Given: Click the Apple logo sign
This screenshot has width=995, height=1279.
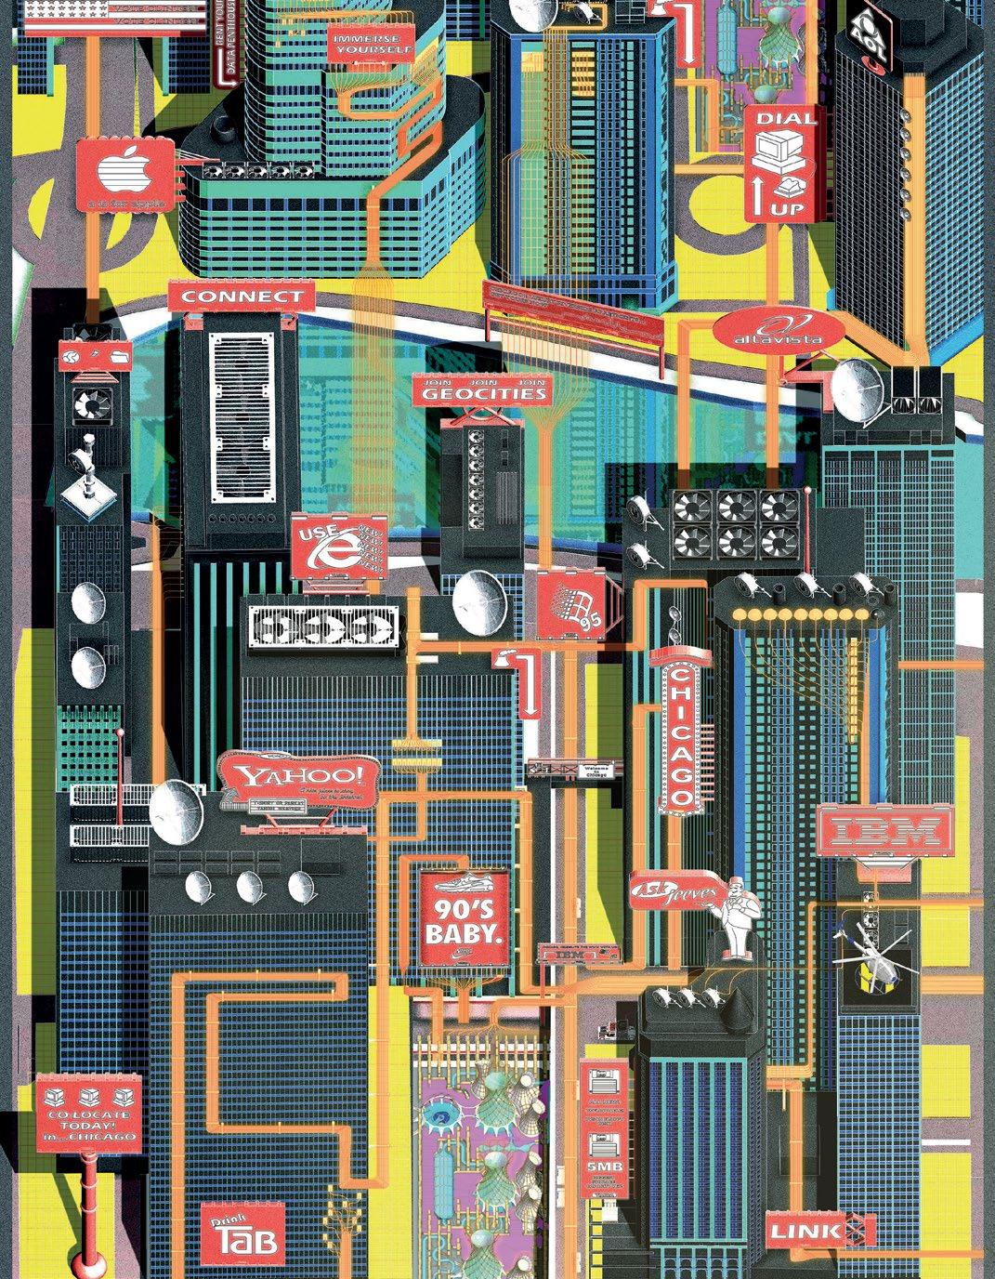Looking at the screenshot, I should pos(124,176).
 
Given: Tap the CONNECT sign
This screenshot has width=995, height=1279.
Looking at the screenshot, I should pos(242,297).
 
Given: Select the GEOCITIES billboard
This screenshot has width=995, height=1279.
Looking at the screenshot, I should pos(483,390).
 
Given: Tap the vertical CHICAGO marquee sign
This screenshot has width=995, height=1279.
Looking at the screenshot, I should pos(682,734).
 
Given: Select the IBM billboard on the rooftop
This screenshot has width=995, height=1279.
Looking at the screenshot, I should pos(884,829).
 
